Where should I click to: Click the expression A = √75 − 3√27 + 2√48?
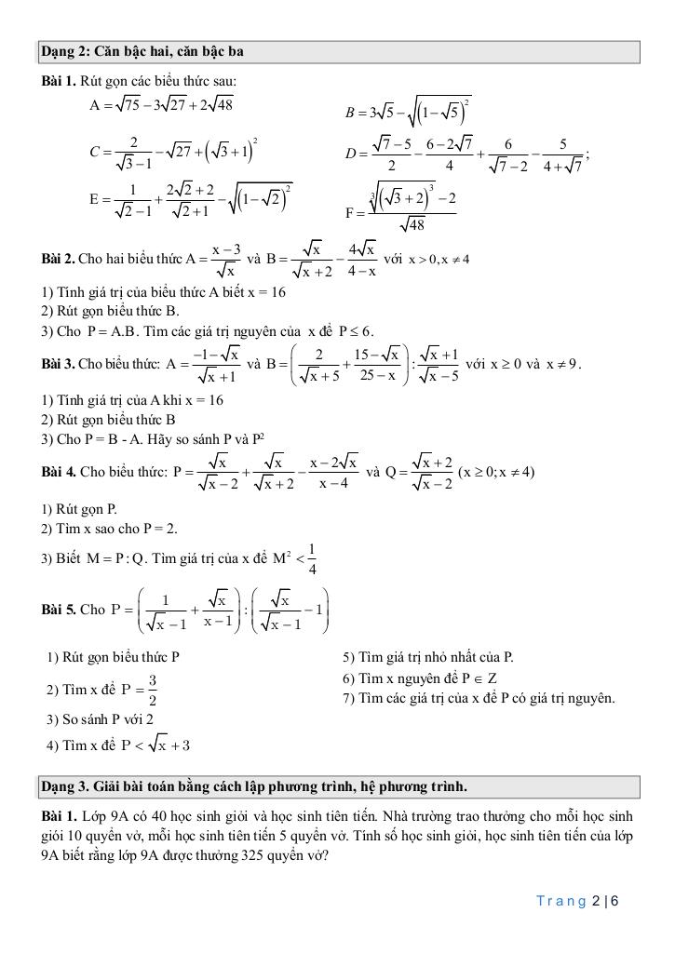162,105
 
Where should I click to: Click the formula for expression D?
466,154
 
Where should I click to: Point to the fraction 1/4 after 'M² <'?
311,558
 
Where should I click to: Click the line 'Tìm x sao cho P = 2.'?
109,529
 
